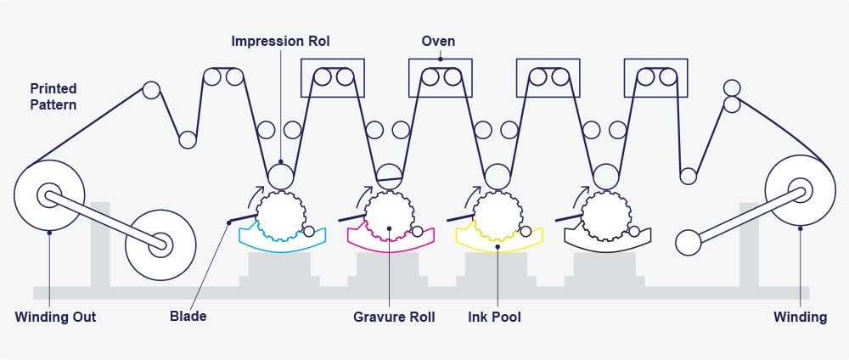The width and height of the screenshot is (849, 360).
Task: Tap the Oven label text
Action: (438, 40)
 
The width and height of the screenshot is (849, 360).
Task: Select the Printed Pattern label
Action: (53, 96)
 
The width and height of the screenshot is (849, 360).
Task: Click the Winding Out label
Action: (55, 317)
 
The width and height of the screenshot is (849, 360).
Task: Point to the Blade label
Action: (188, 317)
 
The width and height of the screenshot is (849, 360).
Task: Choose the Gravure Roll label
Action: (394, 317)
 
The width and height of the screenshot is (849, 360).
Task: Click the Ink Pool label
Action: (494, 317)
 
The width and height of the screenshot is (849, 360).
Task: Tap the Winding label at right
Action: (800, 317)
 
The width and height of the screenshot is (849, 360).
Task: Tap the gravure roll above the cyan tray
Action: (281, 216)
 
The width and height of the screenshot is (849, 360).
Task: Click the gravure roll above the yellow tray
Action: (497, 216)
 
